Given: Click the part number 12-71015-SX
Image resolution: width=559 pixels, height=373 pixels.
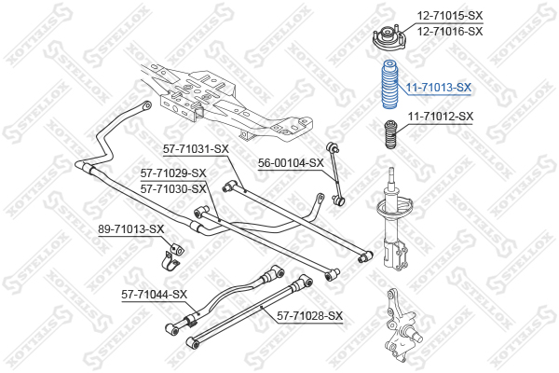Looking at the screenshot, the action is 450,15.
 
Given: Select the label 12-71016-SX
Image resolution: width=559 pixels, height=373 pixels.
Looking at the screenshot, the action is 450,32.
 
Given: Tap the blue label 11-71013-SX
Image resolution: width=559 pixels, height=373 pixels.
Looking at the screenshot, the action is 439,88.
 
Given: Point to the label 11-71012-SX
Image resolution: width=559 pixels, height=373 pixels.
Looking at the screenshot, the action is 441,117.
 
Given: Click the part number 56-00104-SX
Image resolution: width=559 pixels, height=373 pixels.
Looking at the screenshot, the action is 291,163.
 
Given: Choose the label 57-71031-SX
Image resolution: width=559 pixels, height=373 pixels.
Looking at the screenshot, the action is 196,149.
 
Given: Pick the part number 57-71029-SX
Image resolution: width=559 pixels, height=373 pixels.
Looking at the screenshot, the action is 173,173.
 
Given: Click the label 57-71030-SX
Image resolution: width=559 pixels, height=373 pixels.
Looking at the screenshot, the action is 173,188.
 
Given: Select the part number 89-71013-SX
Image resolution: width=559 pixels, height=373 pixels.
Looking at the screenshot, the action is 131,229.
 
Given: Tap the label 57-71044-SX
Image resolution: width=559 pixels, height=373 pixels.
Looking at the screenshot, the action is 154,295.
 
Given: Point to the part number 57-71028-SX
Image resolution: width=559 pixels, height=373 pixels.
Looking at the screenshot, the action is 310,316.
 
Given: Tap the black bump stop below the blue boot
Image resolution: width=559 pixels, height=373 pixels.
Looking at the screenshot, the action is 390,134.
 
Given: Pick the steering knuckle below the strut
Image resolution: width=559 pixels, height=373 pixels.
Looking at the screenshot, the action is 400,323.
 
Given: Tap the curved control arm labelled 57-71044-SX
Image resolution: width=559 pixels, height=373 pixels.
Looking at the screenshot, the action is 225,300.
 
